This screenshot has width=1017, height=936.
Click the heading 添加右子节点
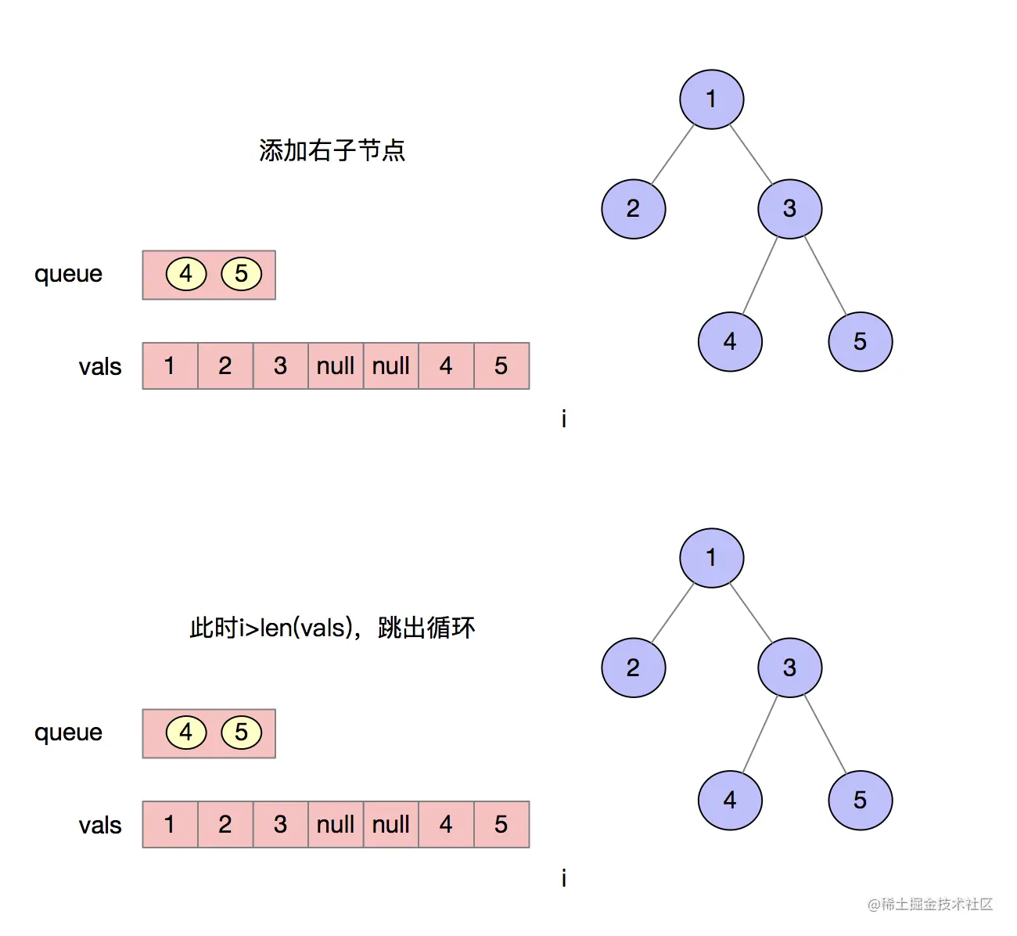(x=332, y=150)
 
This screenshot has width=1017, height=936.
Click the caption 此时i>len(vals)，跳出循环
(x=332, y=628)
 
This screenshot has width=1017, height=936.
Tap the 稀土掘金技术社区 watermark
(x=930, y=904)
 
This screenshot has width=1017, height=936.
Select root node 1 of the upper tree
(x=711, y=99)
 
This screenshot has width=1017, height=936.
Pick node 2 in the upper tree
(x=633, y=209)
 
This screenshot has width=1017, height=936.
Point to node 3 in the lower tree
(x=789, y=668)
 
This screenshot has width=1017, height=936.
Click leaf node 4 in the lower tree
(x=730, y=800)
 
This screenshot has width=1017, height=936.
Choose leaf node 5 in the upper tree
(x=860, y=341)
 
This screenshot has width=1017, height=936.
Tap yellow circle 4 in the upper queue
(x=186, y=274)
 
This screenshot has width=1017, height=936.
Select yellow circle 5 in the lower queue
(x=241, y=733)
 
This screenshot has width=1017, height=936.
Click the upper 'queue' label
(x=68, y=274)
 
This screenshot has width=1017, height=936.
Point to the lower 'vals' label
(x=100, y=825)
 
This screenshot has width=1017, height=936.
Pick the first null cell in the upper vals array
(x=336, y=365)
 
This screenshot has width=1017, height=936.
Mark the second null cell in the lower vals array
(x=391, y=824)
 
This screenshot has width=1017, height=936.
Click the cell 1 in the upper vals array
(x=170, y=365)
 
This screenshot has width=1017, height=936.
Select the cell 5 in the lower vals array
(x=501, y=824)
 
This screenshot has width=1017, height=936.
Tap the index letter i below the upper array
(x=563, y=419)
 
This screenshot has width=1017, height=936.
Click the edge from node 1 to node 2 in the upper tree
(x=673, y=154)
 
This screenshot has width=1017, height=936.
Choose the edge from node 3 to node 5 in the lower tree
(x=825, y=734)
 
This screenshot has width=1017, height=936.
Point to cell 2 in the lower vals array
(x=225, y=824)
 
